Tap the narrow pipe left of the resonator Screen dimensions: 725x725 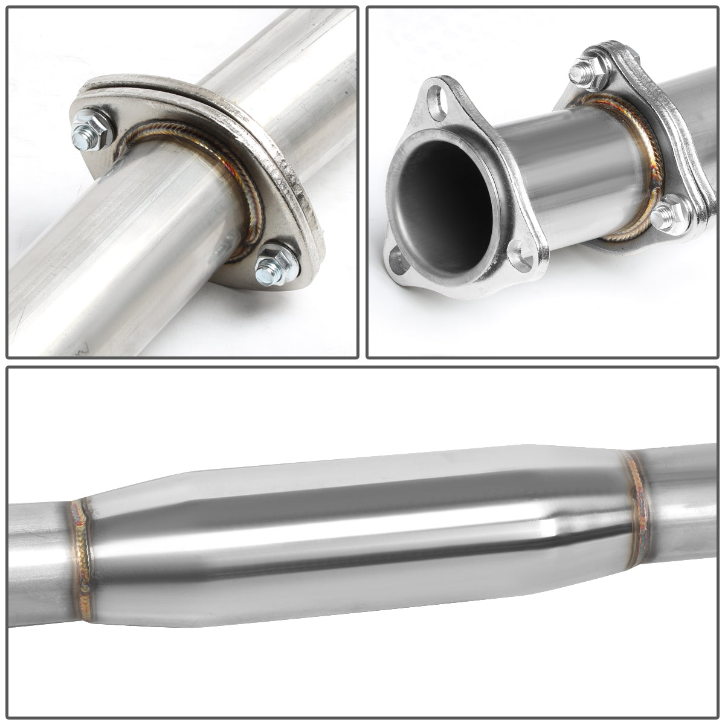[x=36, y=562]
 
